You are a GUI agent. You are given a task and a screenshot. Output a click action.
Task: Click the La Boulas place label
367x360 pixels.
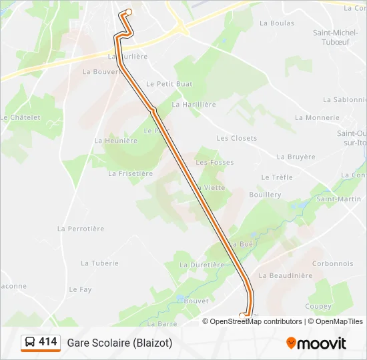(276, 23)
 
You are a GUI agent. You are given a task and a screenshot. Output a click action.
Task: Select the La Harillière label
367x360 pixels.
(194, 105)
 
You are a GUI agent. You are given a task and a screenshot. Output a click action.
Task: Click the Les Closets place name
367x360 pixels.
(236, 138)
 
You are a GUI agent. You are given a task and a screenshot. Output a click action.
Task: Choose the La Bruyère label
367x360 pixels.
(296, 157)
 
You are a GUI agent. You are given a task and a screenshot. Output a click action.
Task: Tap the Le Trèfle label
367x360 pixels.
(277, 177)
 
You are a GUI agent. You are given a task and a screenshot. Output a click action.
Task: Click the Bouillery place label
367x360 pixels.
(265, 195)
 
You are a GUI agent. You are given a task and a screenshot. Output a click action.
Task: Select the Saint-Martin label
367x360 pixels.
(338, 199)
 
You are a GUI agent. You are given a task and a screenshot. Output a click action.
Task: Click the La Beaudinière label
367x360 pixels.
(286, 275)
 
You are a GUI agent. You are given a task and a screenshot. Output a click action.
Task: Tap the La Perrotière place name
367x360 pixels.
(81, 229)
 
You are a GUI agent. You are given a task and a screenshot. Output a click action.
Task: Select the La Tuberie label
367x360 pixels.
(99, 263)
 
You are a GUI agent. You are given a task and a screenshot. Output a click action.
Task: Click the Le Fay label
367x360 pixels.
(80, 289)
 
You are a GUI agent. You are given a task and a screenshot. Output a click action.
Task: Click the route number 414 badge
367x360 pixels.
(48, 342)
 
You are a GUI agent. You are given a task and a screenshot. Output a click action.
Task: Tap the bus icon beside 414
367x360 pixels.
(30, 343)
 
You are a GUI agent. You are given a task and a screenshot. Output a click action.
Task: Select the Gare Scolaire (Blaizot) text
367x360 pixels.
(119, 343)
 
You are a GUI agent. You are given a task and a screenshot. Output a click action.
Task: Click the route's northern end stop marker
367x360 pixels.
(128, 11)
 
